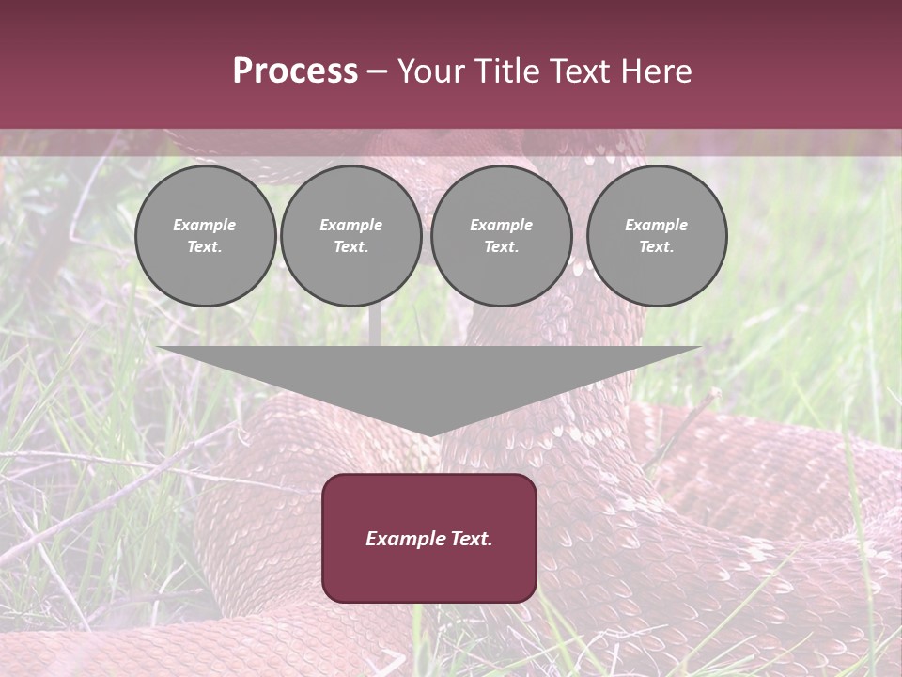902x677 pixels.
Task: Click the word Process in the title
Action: tap(295, 71)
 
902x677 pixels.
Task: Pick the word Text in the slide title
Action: tap(581, 71)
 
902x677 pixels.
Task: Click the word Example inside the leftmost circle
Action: tap(205, 225)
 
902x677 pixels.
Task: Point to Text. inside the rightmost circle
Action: tap(657, 247)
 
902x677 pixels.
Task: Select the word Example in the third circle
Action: tap(502, 225)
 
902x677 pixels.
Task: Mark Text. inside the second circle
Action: tap(351, 247)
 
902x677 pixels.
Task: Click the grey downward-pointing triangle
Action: tap(429, 381)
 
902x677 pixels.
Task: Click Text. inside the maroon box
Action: tap(470, 539)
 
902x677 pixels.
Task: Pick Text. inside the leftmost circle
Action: tap(205, 247)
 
